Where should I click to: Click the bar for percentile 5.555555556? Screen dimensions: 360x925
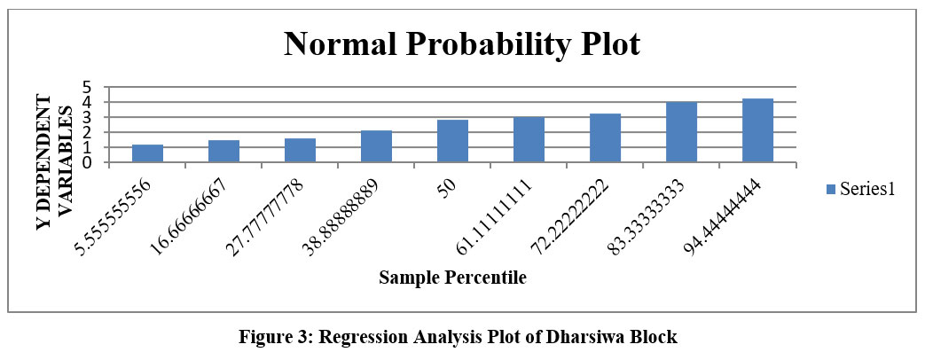point(147,153)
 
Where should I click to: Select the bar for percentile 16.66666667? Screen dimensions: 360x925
point(223,152)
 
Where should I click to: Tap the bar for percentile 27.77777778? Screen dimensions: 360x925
point(300,151)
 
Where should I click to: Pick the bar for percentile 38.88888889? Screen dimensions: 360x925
point(376,146)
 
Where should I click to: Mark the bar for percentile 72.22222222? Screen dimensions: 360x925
point(605,138)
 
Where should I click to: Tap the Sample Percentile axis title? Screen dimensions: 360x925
point(452,278)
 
